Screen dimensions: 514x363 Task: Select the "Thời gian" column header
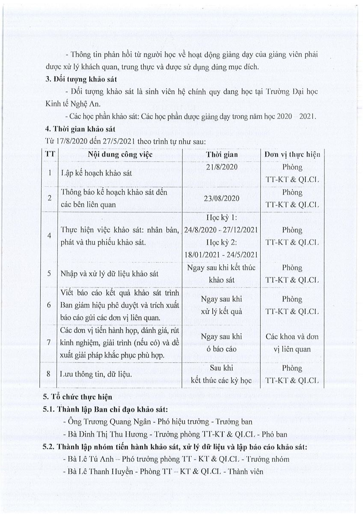[222, 155]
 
